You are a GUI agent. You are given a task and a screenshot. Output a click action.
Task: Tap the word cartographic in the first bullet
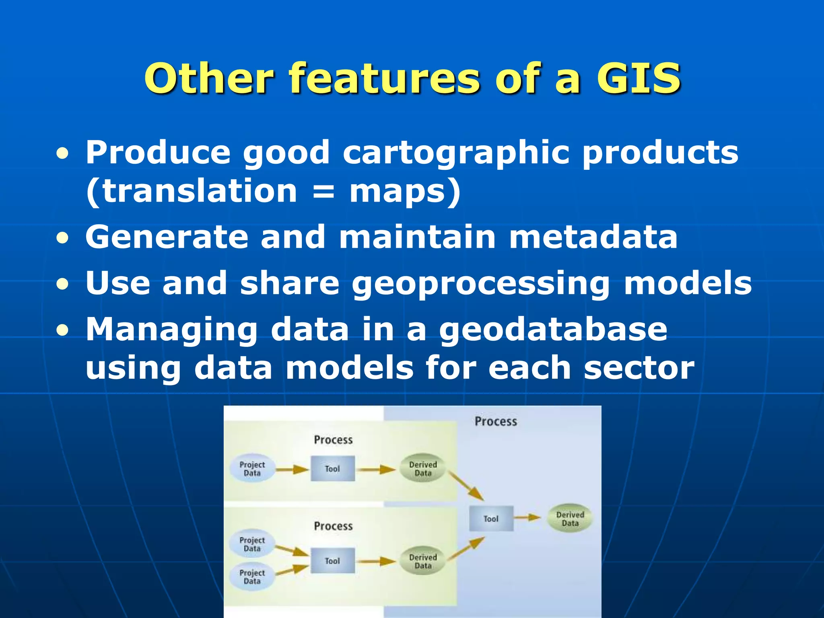click(456, 152)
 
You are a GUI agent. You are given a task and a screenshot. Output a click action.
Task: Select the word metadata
click(593, 237)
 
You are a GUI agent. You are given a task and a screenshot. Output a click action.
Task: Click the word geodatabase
click(553, 330)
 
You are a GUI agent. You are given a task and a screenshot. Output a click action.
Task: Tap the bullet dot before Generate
click(62, 238)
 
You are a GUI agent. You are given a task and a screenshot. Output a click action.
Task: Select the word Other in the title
click(209, 78)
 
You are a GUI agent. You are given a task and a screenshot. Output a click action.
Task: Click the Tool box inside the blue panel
click(491, 519)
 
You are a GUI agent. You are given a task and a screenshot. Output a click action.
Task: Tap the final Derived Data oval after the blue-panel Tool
click(570, 519)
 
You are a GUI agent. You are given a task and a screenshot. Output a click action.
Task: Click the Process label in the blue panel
click(496, 421)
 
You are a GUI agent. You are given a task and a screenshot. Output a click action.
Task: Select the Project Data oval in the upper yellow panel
click(252, 469)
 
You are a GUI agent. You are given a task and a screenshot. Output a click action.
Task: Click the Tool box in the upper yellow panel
click(333, 469)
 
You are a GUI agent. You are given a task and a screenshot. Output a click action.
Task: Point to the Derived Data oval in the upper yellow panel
click(423, 469)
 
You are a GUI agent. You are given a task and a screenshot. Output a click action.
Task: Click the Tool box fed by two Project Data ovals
click(333, 560)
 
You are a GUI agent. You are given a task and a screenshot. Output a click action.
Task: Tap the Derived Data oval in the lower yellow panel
click(423, 561)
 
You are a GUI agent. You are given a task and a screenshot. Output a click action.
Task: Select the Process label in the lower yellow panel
click(333, 526)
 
